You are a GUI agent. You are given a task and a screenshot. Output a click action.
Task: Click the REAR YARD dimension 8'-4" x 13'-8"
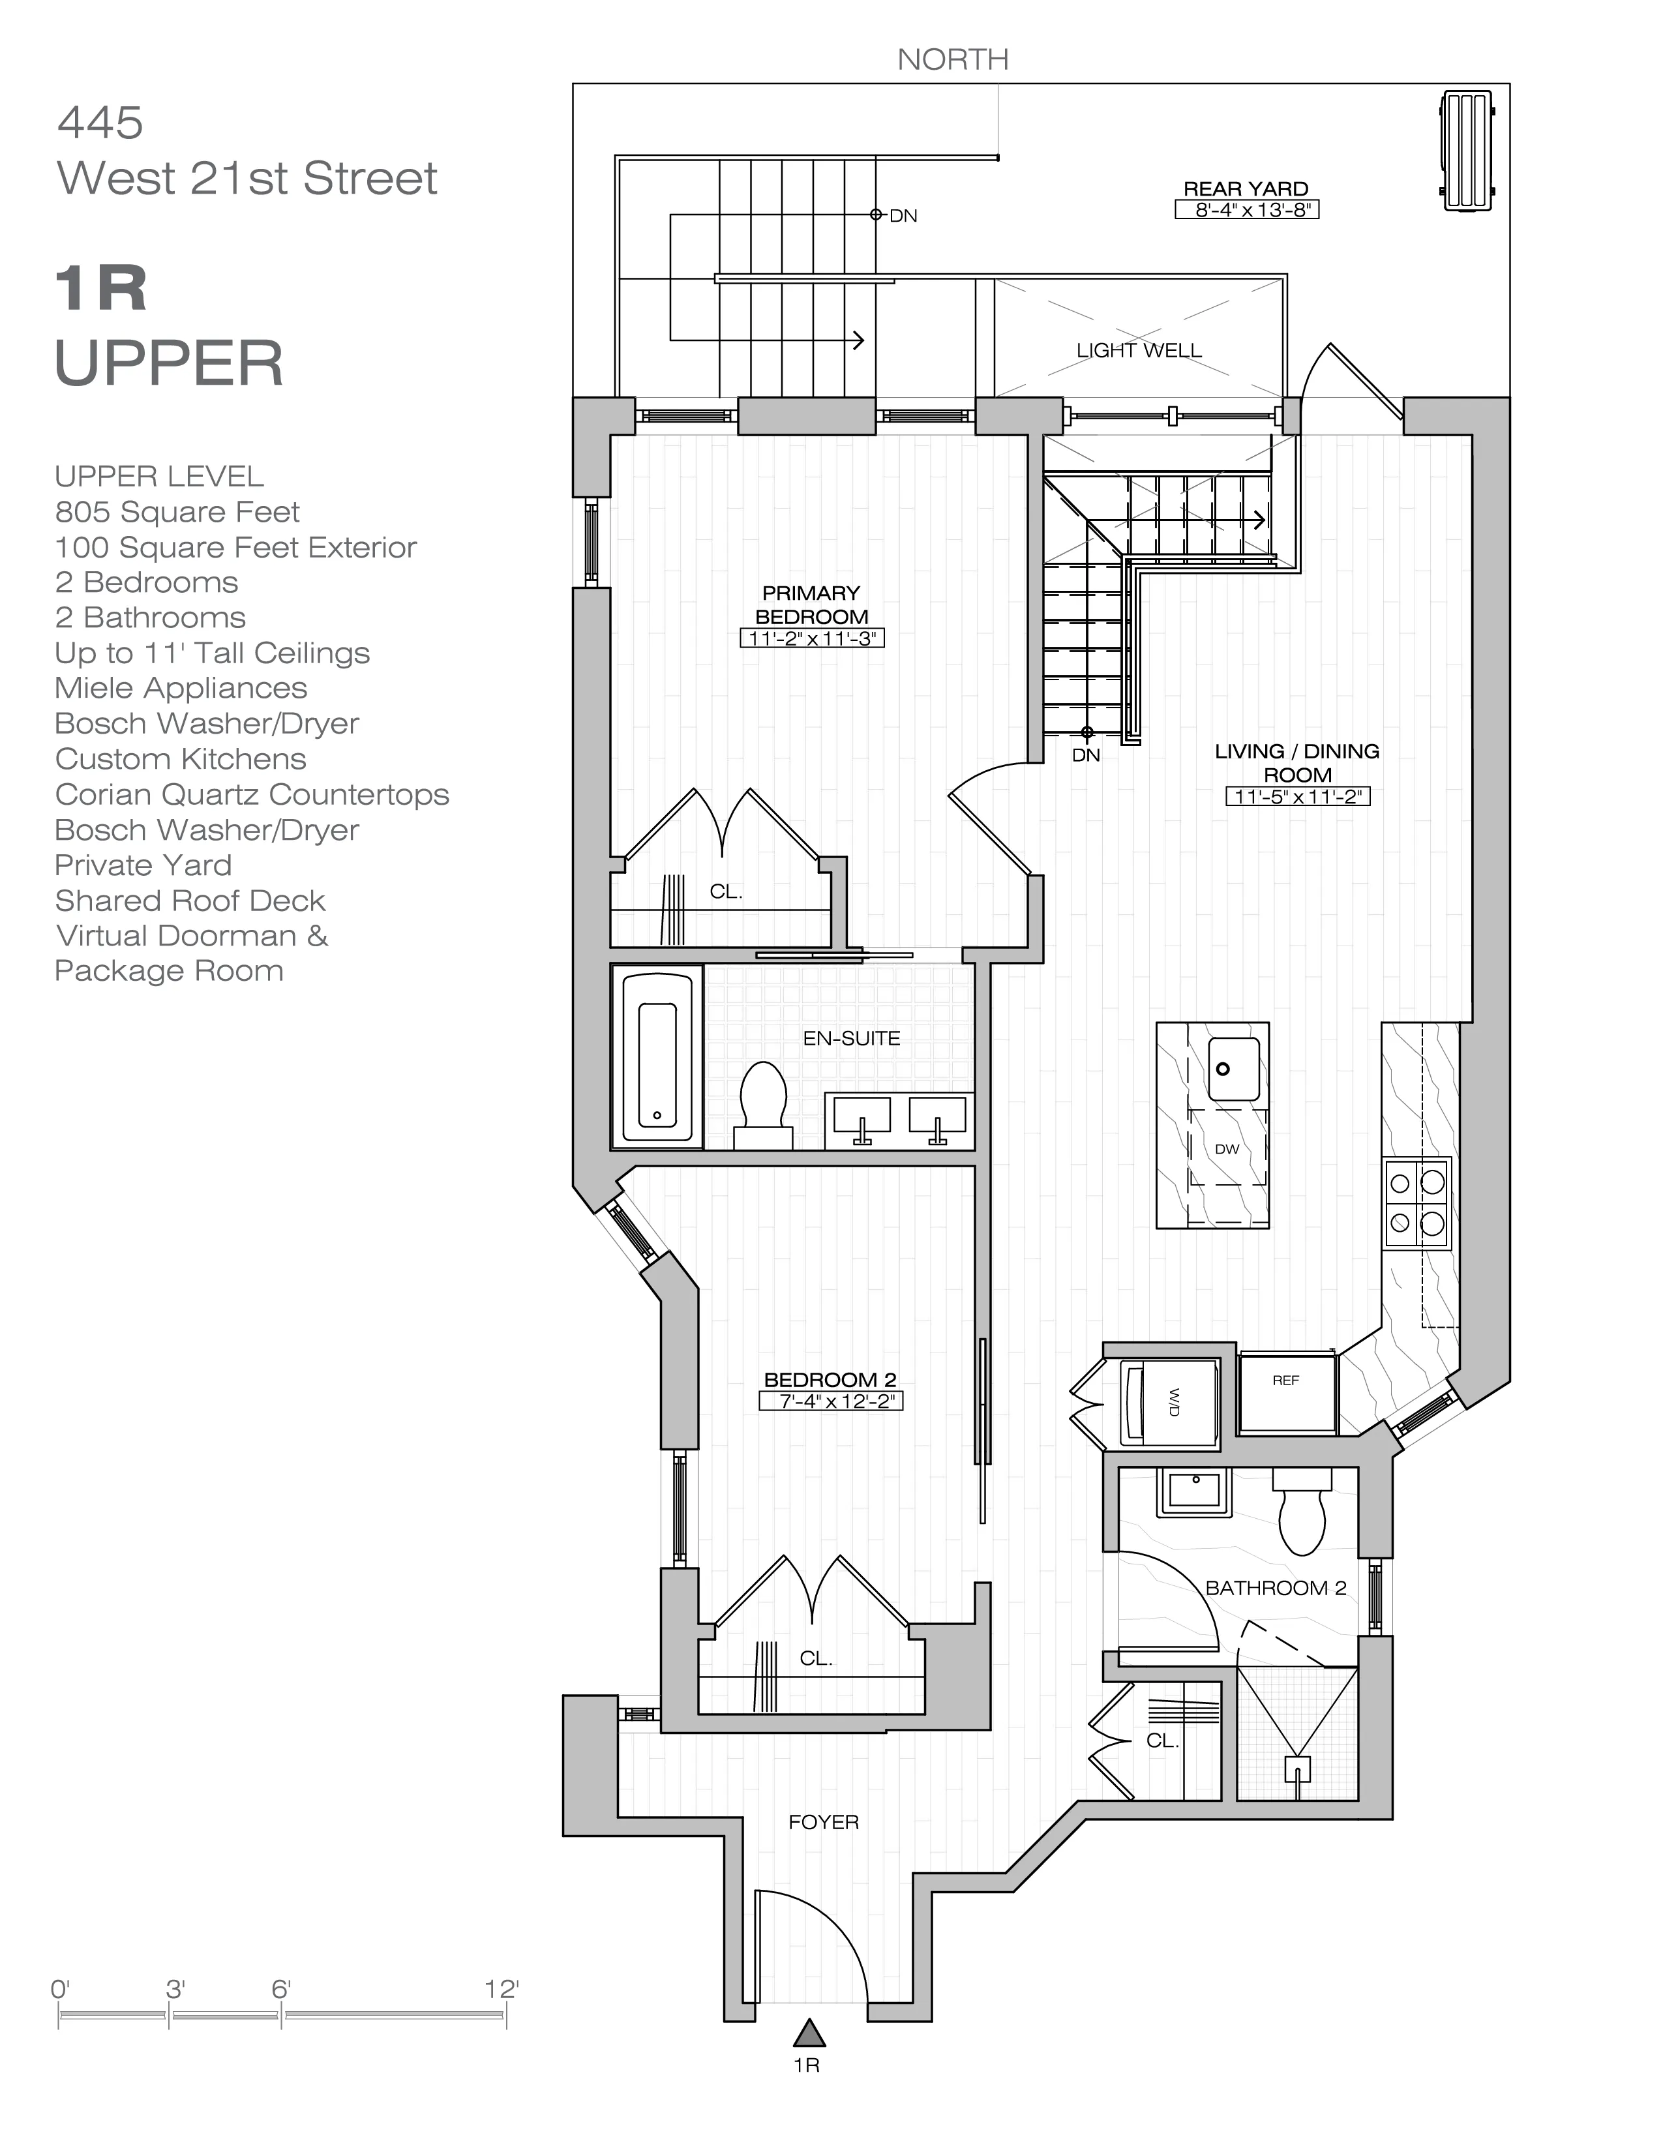coord(1246,210)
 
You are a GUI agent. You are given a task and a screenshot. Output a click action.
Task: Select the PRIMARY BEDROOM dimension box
coord(812,638)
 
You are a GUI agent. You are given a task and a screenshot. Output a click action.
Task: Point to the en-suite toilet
coord(764,1105)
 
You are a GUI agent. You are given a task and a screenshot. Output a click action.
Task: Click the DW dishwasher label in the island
coord(1227,1149)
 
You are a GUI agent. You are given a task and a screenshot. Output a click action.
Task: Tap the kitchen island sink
coord(1233,1069)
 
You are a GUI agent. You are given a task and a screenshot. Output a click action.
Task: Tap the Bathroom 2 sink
coord(1194,1492)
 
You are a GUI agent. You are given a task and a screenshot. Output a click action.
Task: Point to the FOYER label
coord(824,1822)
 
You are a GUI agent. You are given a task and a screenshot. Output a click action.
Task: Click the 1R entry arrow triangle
coord(809,2032)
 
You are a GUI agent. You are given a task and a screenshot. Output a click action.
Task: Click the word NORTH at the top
coord(953,60)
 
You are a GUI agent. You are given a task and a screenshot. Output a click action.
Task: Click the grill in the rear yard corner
coord(1466,150)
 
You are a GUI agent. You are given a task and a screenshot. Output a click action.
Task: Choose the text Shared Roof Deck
coord(190,901)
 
